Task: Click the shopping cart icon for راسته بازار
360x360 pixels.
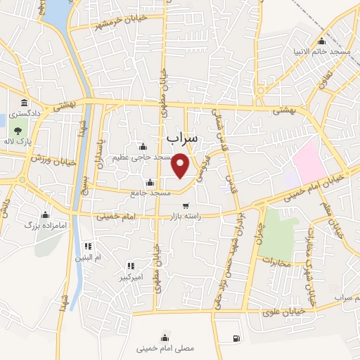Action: click(186, 207)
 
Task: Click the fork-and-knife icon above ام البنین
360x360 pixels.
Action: click(89, 247)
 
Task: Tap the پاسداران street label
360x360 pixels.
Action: click(101, 146)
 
